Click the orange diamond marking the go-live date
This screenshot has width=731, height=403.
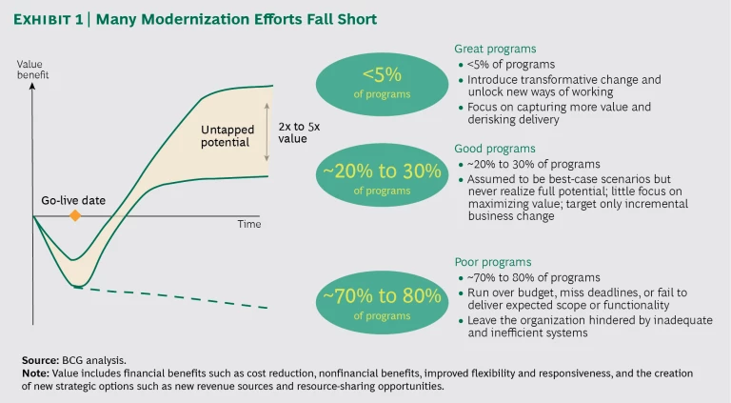tap(74, 216)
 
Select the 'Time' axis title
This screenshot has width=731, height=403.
tap(248, 225)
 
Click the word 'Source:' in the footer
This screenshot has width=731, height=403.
tap(39, 361)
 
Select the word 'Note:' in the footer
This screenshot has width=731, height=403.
tap(34, 373)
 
